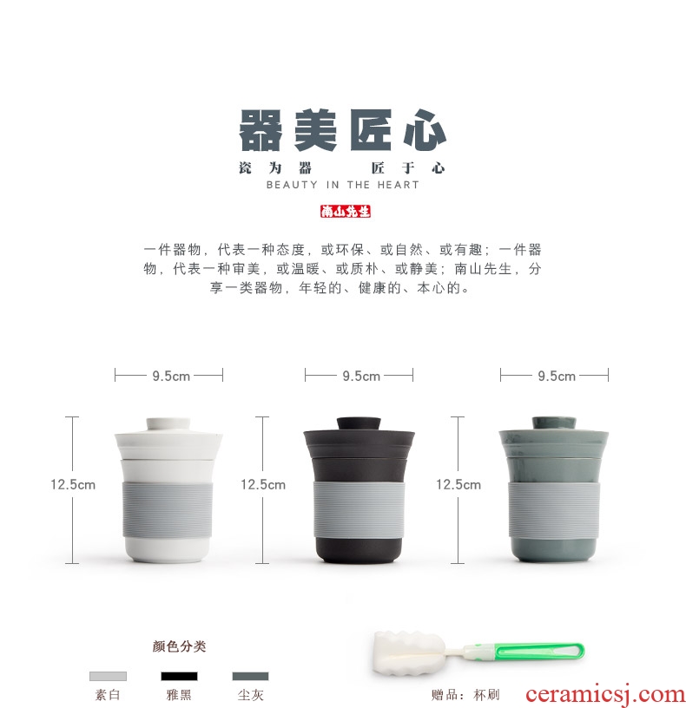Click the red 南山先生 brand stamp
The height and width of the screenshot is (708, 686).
coord(346,212)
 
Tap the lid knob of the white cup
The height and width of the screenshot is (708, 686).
coord(168,424)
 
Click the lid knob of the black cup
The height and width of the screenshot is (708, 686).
coord(359,423)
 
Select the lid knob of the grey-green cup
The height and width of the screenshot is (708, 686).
coord(554,423)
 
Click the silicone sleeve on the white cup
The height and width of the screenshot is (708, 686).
coord(168,509)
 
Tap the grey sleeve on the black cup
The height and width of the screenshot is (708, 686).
coord(359,508)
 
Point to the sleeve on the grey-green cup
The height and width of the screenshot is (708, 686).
coord(554,509)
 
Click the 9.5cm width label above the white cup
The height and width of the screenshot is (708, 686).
coord(171,377)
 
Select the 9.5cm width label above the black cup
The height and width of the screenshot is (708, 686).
coord(361,377)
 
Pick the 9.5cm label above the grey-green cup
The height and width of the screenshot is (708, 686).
coord(557,377)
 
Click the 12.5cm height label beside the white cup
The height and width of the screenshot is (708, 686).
coord(73,485)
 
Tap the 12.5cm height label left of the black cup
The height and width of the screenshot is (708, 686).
coord(263,485)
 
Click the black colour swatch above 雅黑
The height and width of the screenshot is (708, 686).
coord(180,676)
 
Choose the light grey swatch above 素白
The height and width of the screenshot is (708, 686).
coord(108,676)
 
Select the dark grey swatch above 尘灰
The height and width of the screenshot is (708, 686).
coord(250,676)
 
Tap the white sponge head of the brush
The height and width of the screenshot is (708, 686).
coord(409,653)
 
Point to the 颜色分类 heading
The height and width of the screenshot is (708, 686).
coord(180,646)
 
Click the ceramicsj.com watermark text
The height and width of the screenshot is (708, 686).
coord(605,695)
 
